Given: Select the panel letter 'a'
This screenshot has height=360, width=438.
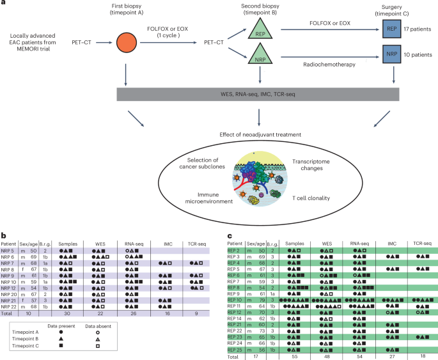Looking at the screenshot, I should click(5, 4).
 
